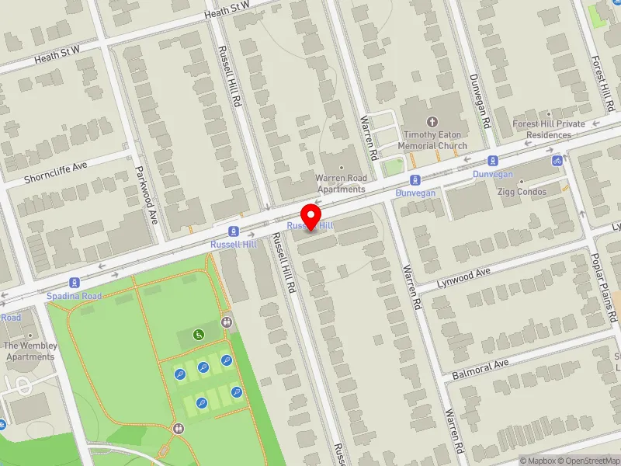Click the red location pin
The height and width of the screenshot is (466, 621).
(311, 217)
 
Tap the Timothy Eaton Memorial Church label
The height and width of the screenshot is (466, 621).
(432, 140)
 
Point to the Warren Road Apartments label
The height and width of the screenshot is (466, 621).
(340, 183)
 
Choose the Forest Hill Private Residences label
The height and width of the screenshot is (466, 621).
(549, 129)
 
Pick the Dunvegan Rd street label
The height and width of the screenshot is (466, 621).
(483, 101)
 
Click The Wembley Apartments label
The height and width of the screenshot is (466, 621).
(30, 351)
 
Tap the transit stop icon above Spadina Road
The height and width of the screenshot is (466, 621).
(75, 283)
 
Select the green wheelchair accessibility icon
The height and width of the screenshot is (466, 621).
(199, 335)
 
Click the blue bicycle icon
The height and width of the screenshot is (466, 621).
(557, 161)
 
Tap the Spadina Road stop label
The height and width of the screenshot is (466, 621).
(75, 296)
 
